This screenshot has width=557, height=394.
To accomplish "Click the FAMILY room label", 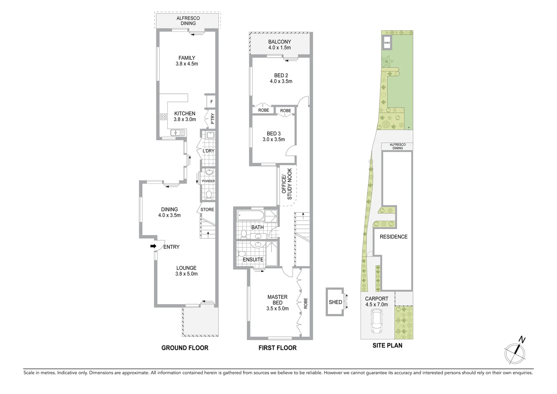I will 186,58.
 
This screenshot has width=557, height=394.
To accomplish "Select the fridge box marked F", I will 211,102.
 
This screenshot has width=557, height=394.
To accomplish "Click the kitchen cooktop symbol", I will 163,117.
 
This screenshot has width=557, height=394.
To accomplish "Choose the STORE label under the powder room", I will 207,209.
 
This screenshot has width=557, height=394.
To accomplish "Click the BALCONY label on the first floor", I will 280,42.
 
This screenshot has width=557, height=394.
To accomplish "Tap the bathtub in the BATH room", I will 250,216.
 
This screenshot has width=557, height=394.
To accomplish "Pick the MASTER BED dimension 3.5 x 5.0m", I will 277,308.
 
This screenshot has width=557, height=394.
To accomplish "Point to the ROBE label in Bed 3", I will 285,111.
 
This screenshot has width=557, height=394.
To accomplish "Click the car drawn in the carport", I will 376,321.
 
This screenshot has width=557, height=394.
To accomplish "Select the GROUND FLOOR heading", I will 185,348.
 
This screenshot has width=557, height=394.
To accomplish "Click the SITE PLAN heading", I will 387,345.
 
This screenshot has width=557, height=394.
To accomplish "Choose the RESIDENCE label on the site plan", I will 393,237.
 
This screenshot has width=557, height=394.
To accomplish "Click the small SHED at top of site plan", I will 387,43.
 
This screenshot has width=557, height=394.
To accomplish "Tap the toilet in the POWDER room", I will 209,195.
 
